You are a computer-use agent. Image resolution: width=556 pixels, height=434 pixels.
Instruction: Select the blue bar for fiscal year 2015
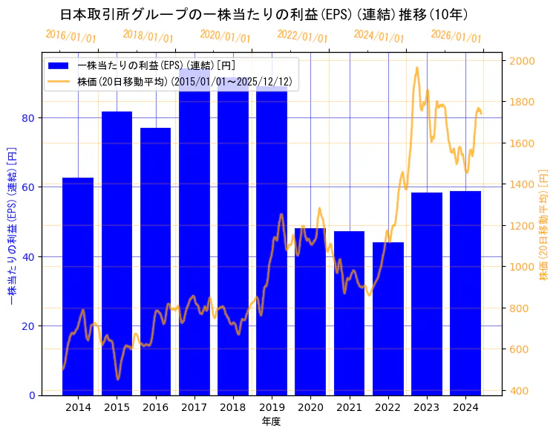[x=117, y=253]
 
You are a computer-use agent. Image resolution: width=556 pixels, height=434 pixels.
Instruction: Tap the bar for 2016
[x=155, y=261]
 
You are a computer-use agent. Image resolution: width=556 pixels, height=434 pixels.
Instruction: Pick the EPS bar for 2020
[x=310, y=311]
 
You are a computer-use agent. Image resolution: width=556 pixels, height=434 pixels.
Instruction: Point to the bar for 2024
[x=465, y=293]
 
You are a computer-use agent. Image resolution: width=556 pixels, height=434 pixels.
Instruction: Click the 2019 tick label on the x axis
[x=272, y=407]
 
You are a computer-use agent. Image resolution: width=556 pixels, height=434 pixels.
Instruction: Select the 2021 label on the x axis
[x=349, y=407]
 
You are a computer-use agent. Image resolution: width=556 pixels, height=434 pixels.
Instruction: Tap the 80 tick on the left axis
[x=28, y=118]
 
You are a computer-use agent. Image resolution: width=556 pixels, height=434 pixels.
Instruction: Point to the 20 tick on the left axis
[x=28, y=326]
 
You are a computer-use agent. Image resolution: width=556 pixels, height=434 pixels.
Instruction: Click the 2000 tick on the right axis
[x=519, y=61]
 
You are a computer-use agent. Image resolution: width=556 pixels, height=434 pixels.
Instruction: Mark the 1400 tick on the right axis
[x=519, y=185]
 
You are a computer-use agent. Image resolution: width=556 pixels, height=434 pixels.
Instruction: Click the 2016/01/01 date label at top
[x=71, y=36]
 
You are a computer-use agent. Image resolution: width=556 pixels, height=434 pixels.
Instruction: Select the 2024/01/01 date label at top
[x=379, y=36]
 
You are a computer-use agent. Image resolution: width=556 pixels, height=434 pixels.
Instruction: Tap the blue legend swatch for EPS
[x=60, y=66]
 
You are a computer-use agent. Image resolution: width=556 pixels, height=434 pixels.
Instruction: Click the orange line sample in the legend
[x=60, y=81]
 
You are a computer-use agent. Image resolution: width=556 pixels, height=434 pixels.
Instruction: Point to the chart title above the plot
[x=264, y=15]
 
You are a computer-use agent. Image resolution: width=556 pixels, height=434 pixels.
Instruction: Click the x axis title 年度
[x=271, y=421]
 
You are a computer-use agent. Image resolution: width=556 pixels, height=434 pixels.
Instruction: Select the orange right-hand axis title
[x=544, y=227]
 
